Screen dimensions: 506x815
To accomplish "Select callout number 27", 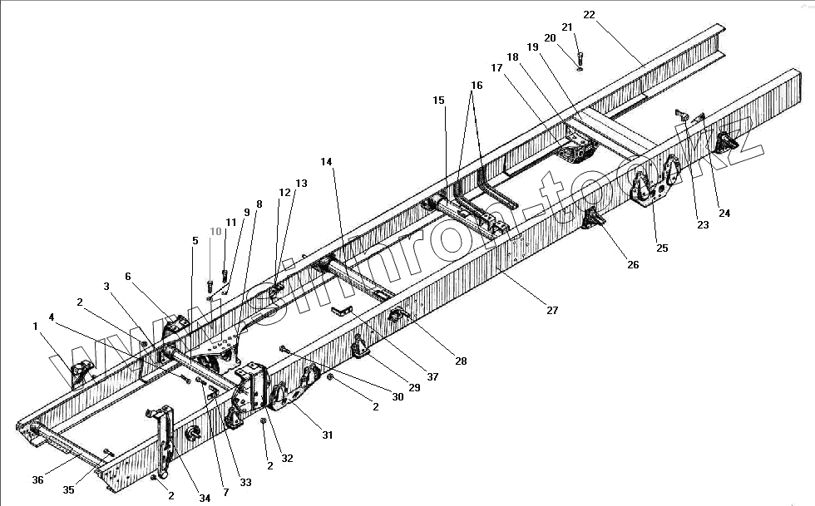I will coord(552,310).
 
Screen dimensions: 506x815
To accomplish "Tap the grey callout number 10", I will coord(215,232).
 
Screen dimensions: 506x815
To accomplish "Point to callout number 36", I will coord(37,479).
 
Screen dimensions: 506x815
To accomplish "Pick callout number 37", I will coord(432,376).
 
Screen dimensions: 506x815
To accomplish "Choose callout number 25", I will coord(662,247).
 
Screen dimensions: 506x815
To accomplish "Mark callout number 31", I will coord(327,434).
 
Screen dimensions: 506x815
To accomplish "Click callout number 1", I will coord(36,327).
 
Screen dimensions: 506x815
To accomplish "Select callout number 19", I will coord(532,47).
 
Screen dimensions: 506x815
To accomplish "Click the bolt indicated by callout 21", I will coord(580,58).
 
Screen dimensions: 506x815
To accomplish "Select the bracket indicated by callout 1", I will coord(80,373).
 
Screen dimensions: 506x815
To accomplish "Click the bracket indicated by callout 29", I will coord(361,346).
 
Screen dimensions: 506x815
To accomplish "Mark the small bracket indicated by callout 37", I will coord(340,311).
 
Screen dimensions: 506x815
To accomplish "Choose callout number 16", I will coord(476,86).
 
